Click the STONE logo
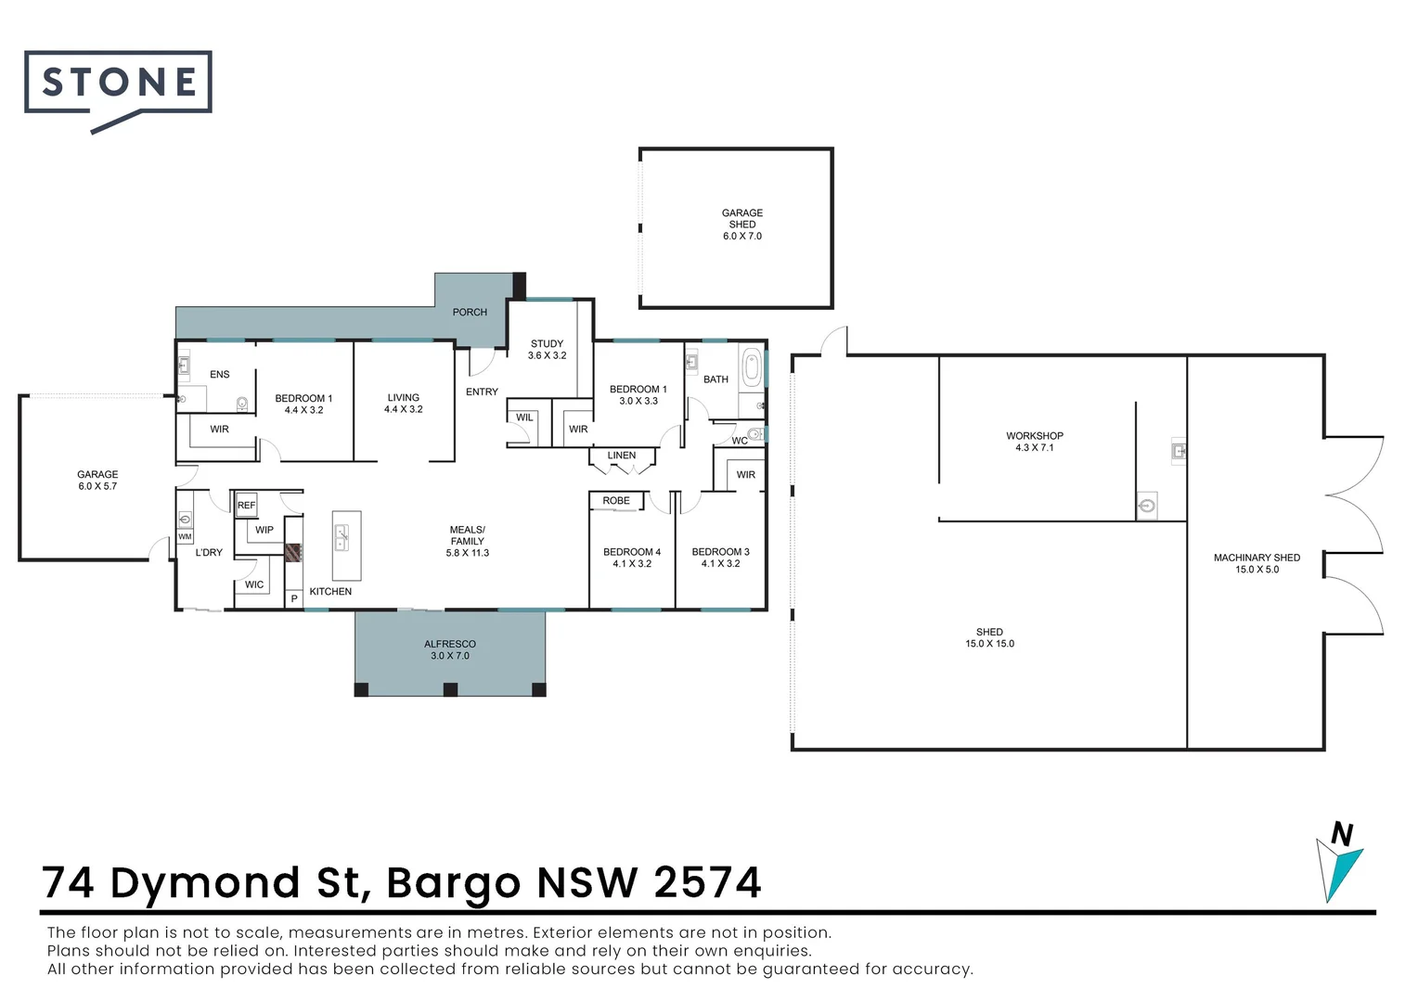[x=119, y=83]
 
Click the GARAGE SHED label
[x=742, y=225]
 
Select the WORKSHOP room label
[x=1035, y=442]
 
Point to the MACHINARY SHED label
[x=1257, y=563]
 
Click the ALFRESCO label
[x=450, y=649]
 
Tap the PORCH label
[x=470, y=313]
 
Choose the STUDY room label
[x=547, y=350]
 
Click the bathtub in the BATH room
[x=752, y=368]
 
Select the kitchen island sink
[x=342, y=537]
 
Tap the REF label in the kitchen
[x=246, y=506]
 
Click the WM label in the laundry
[x=185, y=537]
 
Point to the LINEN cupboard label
[x=622, y=456]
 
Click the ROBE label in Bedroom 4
[x=616, y=501]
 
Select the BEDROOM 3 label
[x=720, y=558]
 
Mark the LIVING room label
[x=404, y=403]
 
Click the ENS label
[x=220, y=375]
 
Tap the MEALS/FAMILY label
[x=468, y=541]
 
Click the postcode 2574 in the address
[x=707, y=882]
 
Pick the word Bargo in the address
[x=453, y=884]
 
